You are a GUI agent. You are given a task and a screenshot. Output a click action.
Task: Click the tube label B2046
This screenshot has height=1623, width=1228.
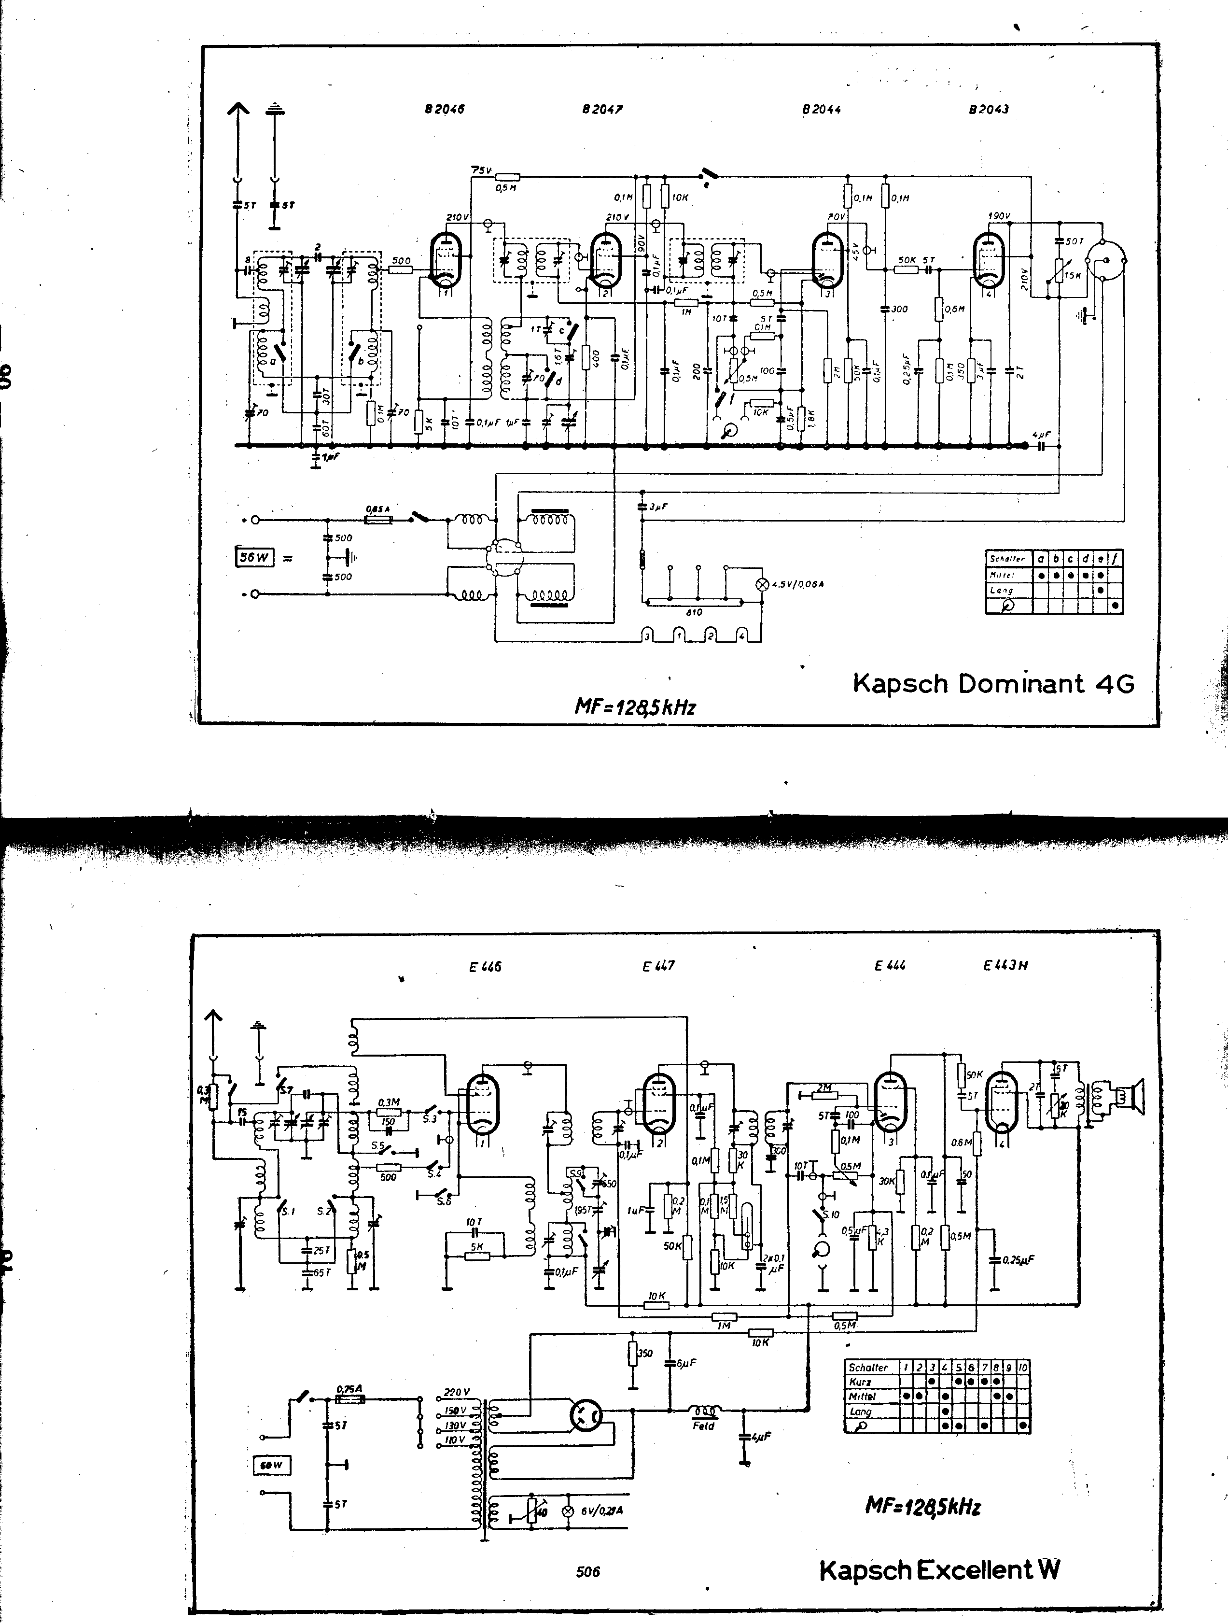point(444,109)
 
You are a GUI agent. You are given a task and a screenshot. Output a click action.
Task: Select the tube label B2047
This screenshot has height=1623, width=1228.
point(602,109)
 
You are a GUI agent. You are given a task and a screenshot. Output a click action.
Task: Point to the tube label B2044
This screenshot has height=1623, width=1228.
point(821,109)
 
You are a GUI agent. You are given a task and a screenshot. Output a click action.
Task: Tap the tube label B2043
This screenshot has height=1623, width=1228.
point(988,109)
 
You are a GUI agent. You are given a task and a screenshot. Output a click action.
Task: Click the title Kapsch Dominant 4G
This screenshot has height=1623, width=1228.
point(993,684)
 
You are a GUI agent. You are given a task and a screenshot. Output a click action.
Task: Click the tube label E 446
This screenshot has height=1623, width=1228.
point(485,967)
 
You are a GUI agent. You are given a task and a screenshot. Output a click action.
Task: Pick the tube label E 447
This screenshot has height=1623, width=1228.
point(658,966)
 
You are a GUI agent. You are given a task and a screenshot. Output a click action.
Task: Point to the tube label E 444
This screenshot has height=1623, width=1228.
point(889,966)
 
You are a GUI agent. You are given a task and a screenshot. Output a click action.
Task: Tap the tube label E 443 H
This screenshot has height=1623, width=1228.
point(1005,966)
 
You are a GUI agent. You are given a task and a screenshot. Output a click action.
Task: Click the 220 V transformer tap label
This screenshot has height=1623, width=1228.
point(456,1392)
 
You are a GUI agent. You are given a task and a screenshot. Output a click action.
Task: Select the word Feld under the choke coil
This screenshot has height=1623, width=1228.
point(703,1425)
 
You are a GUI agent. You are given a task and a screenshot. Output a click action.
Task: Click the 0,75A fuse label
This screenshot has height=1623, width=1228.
point(350,1388)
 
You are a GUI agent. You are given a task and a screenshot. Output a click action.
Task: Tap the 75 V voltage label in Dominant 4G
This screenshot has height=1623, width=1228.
point(481,170)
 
